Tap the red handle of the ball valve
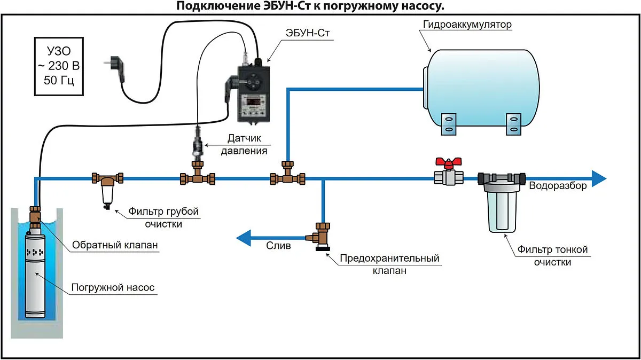click(448, 162)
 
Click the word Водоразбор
click(558, 186)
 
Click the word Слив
click(279, 246)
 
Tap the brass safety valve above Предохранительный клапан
click(321, 235)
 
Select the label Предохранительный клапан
click(389, 264)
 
